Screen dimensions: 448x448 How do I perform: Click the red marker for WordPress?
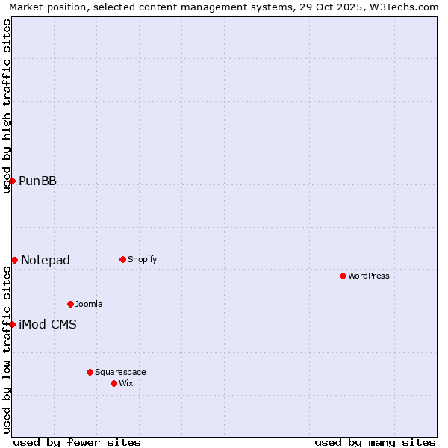343,276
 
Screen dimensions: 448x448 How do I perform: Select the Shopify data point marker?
122,259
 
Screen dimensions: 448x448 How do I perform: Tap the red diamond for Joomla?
70,304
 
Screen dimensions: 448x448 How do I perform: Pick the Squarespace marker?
90,372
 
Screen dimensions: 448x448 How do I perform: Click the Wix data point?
113,383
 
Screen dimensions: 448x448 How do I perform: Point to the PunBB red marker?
12,181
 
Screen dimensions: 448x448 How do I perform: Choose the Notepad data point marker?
14,260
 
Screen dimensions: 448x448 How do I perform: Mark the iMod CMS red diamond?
12,324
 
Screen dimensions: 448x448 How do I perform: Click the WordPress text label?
369,276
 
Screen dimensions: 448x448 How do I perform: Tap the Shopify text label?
143,259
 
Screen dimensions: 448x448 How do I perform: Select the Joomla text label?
89,304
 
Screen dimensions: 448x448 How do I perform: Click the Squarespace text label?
120,372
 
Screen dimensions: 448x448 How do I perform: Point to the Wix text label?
126,383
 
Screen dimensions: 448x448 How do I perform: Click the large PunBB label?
37,181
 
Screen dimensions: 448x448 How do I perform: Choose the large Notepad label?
46,260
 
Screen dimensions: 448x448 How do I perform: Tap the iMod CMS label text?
48,324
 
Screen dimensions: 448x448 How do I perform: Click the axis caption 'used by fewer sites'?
77,442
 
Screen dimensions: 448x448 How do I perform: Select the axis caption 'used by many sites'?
375,442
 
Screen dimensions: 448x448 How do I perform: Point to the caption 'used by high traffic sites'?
7,106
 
